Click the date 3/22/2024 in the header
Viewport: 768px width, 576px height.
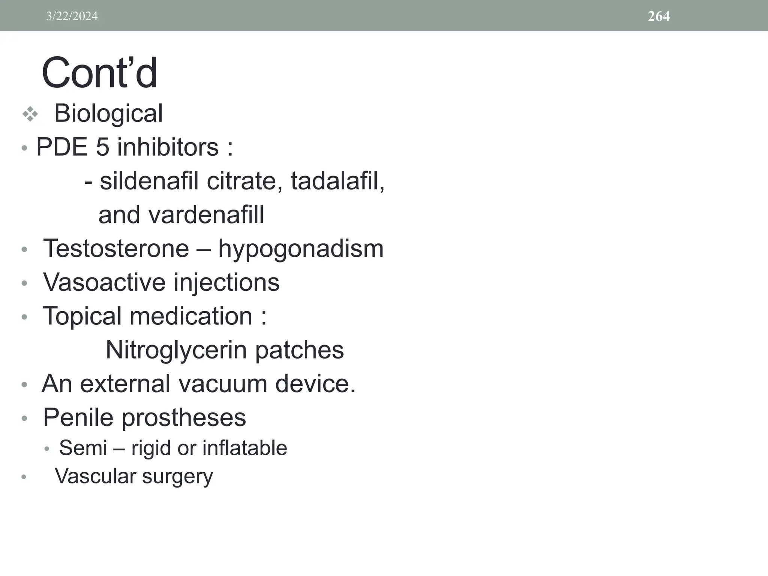[72, 16]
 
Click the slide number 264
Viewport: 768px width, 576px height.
[658, 16]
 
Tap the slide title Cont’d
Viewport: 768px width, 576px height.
[99, 73]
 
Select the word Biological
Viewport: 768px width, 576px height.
[108, 113]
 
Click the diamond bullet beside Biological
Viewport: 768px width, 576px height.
[30, 114]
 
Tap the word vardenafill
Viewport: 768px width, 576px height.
[206, 215]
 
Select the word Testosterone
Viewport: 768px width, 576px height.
[116, 249]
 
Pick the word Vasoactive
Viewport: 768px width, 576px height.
[103, 282]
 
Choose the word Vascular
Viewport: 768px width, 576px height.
[95, 476]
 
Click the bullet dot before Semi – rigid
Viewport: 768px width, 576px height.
[46, 449]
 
